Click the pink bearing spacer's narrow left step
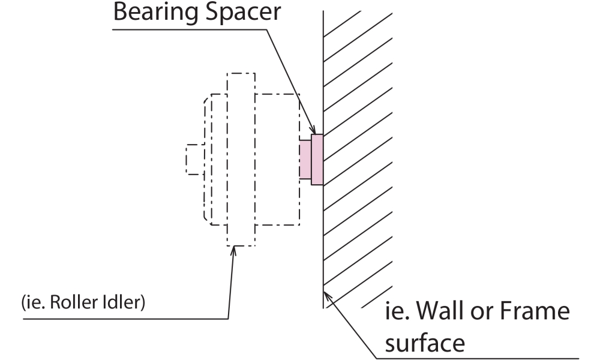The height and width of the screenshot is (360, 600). coord(306,160)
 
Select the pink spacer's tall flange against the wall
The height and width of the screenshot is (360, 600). coord(317,160)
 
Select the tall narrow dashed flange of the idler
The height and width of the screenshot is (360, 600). coord(241,159)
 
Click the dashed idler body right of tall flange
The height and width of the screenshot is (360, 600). coord(277,159)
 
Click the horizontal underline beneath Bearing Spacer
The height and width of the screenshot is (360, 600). coord(180,28)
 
